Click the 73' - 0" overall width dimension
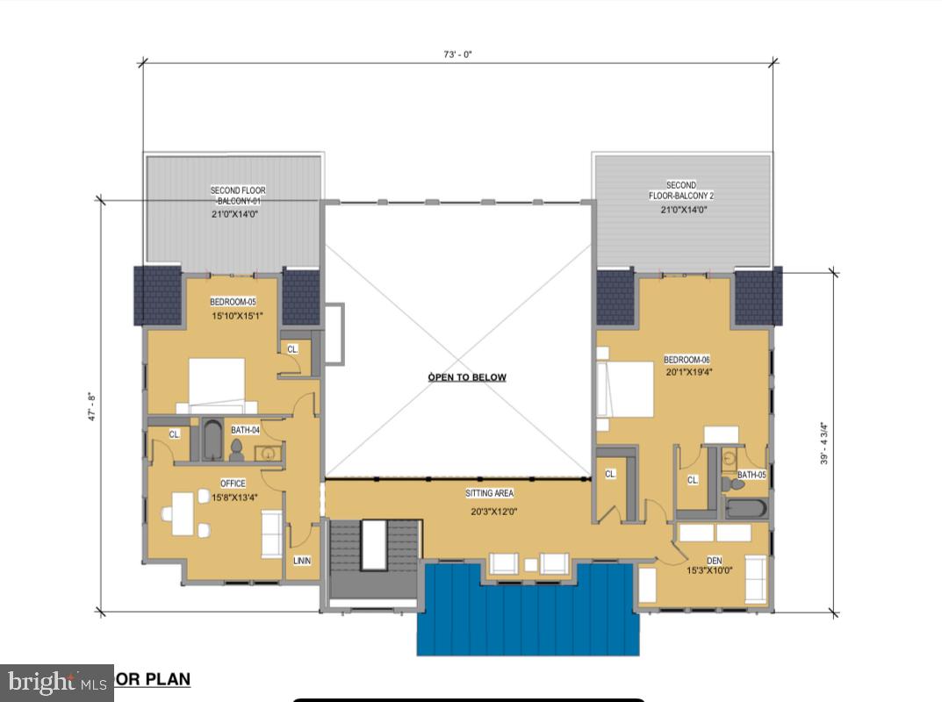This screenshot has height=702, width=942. pyautogui.click(x=458, y=54)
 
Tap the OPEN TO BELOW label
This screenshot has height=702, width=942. pyautogui.click(x=467, y=377)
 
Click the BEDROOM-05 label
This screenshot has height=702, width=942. pyautogui.click(x=233, y=302)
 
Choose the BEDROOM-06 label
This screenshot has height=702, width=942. pyautogui.click(x=687, y=360)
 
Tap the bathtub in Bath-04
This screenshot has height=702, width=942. pyautogui.click(x=212, y=441)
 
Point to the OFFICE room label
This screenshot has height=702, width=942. pyautogui.click(x=233, y=484)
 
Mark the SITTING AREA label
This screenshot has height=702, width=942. pyautogui.click(x=490, y=493)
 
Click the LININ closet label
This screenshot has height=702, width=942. pyautogui.click(x=301, y=561)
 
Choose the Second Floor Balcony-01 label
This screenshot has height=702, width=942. pyautogui.click(x=237, y=196)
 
